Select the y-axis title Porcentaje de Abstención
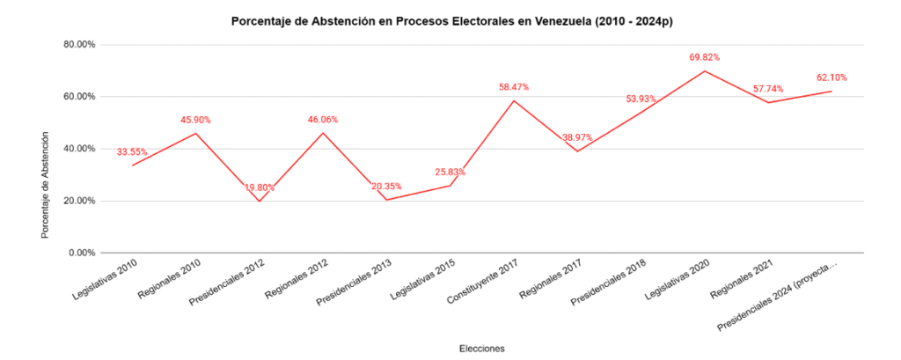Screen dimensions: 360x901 point(45,185)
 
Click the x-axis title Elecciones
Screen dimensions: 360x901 point(481,349)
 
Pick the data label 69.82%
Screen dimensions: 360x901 point(705,57)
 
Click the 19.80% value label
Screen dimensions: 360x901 point(259,187)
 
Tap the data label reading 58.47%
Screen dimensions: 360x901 point(514,87)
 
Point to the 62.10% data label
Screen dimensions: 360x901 point(831,77)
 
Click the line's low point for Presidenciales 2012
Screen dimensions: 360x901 point(259,202)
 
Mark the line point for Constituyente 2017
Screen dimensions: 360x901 point(514,100)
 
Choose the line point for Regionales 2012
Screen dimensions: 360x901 point(323,133)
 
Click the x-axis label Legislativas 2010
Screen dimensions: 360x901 point(104,277)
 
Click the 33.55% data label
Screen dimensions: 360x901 point(132,151)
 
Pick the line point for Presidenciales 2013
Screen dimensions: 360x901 point(386,200)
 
